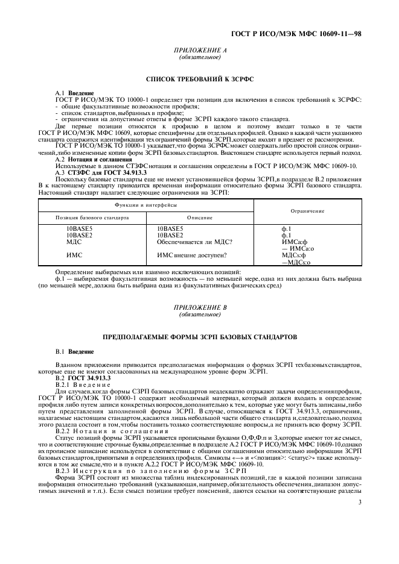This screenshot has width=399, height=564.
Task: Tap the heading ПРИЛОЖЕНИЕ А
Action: tap(200, 51)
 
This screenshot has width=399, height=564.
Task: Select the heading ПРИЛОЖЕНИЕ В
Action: tap(200, 307)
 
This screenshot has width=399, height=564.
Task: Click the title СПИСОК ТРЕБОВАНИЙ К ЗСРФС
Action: tap(200, 79)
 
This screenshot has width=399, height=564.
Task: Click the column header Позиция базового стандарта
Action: tap(92, 217)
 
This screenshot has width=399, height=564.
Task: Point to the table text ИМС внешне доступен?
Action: tap(192, 255)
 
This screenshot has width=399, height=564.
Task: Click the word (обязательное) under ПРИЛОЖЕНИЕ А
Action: tap(200, 57)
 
